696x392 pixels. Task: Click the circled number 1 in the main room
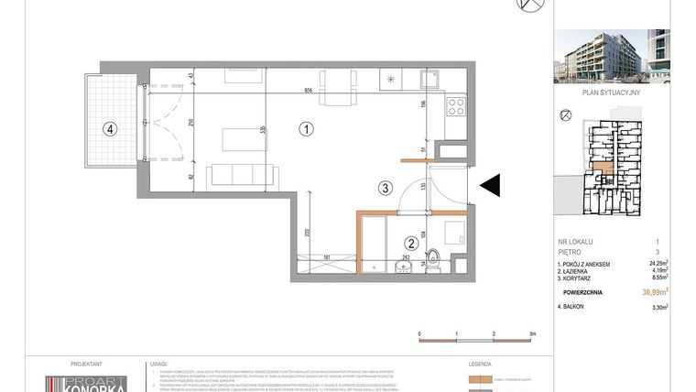click(307, 129)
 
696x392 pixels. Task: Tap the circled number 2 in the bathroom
click(412, 244)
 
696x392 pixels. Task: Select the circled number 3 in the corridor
click(386, 189)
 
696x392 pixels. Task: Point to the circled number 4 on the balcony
click(109, 129)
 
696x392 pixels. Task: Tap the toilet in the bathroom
click(437, 260)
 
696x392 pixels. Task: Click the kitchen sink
click(428, 78)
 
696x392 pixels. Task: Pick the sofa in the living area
click(242, 174)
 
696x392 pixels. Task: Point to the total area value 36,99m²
click(656, 292)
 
